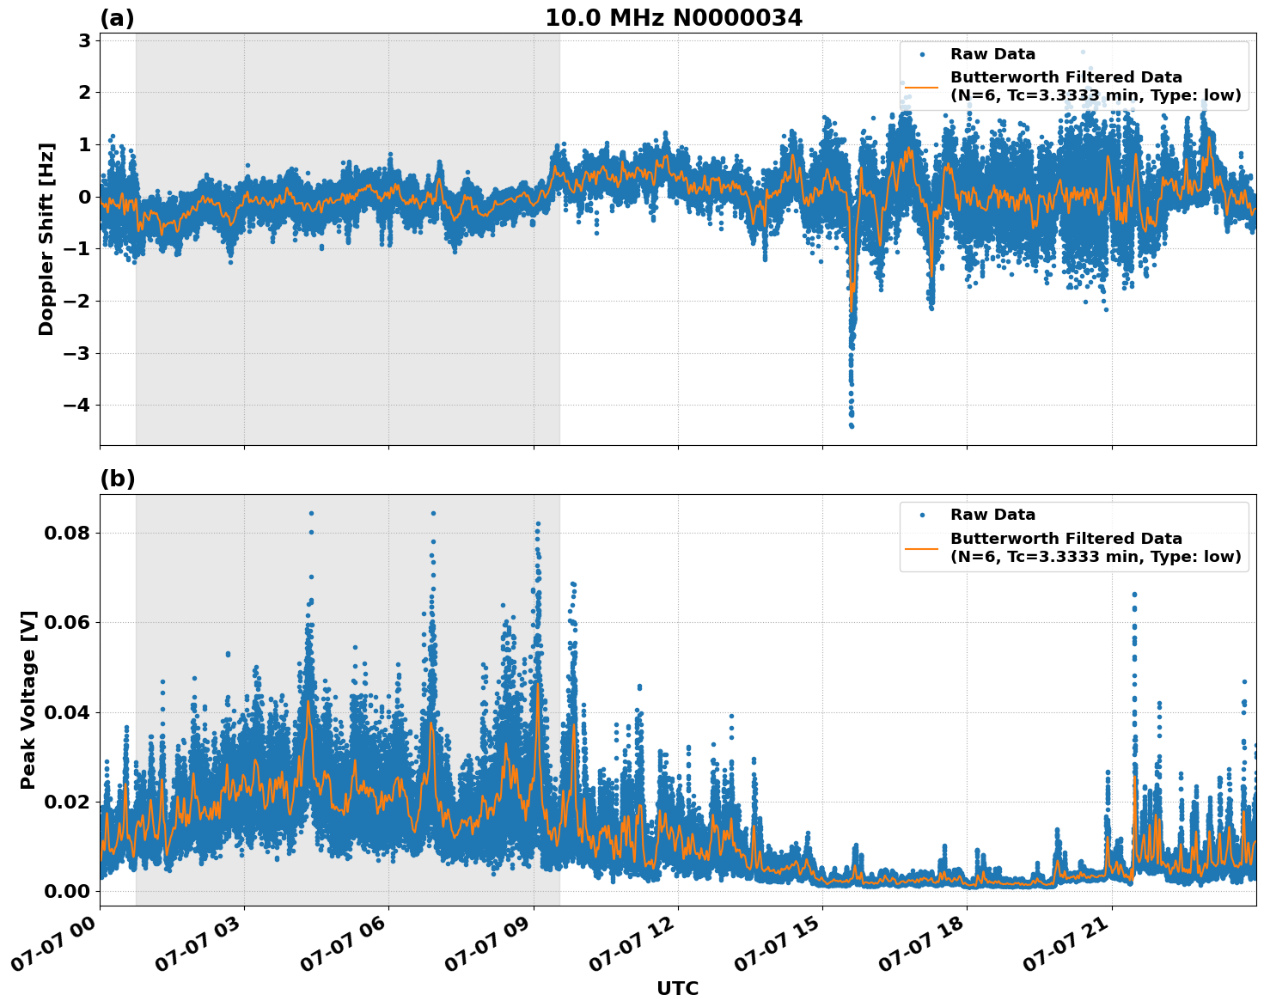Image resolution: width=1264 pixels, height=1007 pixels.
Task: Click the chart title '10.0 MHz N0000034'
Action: point(674,18)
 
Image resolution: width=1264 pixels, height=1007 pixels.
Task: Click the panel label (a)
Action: point(117,18)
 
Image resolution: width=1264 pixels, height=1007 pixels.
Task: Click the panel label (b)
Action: point(117,479)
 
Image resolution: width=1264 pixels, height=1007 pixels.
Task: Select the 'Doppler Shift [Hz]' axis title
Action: point(46,239)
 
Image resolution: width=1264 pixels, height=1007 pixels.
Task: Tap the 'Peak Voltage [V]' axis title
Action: point(28,699)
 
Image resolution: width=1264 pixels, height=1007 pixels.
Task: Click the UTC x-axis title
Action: point(677,988)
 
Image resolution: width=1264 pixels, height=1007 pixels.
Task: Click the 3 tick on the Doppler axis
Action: point(84,40)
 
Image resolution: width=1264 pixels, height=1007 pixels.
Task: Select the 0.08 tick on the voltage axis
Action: point(67,533)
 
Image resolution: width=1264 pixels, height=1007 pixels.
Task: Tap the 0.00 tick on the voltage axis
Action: point(67,891)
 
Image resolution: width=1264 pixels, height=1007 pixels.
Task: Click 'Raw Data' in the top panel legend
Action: point(992,54)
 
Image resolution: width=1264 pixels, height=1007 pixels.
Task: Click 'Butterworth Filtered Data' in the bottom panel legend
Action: point(1066,539)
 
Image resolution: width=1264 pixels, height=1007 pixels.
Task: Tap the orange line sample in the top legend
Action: point(921,86)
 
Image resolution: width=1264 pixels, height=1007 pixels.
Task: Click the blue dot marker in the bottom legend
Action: point(921,515)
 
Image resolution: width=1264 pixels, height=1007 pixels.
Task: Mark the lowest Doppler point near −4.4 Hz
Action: point(852,426)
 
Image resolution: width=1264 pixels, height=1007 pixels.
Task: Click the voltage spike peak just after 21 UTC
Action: point(1134,594)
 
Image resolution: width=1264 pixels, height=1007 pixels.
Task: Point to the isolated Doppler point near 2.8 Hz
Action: point(1083,52)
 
